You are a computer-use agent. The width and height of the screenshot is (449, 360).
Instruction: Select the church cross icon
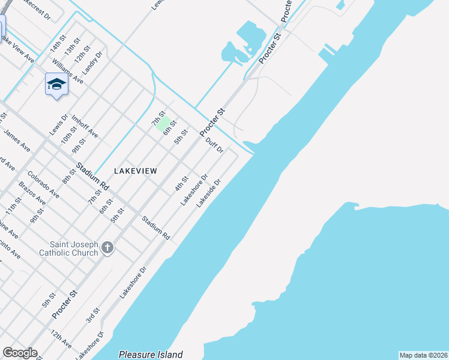(107, 247)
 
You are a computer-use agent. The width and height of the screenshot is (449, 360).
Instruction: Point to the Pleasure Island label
(151, 355)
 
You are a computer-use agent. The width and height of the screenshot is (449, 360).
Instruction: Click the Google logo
(20, 353)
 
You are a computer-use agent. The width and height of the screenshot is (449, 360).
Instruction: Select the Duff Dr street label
(214, 146)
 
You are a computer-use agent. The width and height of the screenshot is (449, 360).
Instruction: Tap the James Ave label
(17, 140)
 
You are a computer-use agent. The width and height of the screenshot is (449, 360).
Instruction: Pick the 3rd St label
(92, 314)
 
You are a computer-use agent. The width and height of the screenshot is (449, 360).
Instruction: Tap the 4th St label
(181, 183)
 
